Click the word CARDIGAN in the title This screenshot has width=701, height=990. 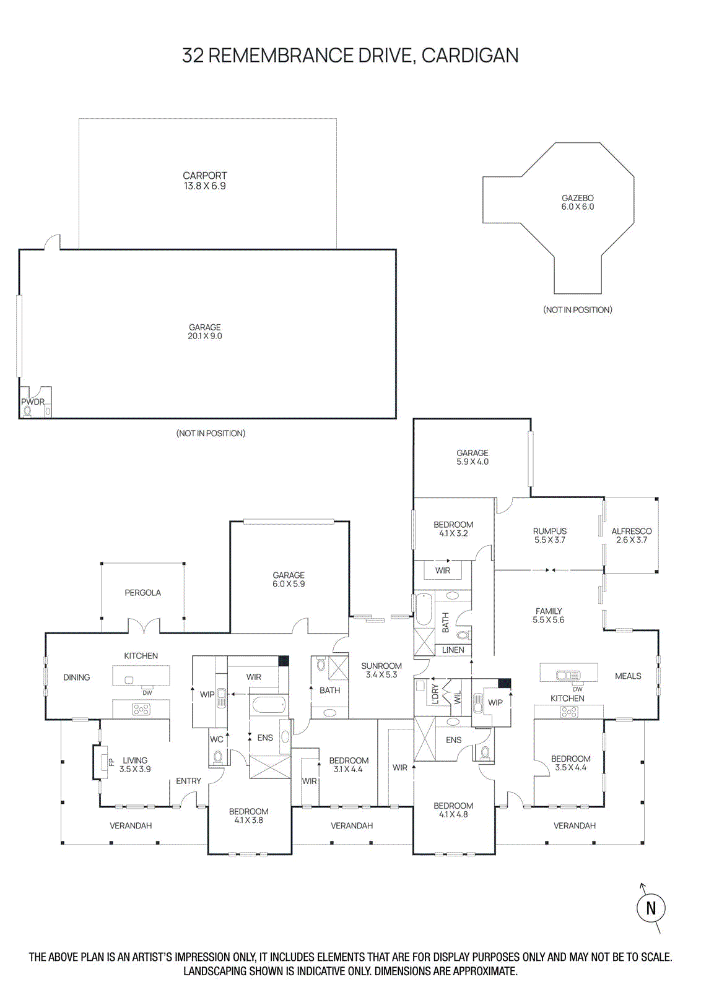point(469,56)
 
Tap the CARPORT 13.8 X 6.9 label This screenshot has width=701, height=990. point(204,181)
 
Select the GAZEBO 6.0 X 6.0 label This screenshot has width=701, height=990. point(577,202)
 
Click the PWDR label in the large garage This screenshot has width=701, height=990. point(33,402)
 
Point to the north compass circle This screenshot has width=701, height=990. point(650,908)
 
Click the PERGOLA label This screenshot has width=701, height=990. point(142,593)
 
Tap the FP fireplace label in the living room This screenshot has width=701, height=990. point(111,762)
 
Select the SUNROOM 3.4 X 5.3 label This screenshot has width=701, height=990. point(381,670)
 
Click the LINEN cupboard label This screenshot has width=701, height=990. point(453,650)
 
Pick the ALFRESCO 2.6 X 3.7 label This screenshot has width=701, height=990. point(631,535)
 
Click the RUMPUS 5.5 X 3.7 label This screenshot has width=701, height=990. point(549,535)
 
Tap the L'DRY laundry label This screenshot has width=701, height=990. point(435,694)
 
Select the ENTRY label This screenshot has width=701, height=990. point(188,781)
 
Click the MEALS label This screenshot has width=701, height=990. point(628,676)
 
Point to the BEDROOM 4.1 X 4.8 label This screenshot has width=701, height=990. point(453,810)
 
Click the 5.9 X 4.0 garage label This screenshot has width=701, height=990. point(472,457)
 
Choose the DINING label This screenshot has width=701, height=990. point(76,678)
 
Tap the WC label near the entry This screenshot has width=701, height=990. point(216,739)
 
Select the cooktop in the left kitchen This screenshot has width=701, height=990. point(141,710)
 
